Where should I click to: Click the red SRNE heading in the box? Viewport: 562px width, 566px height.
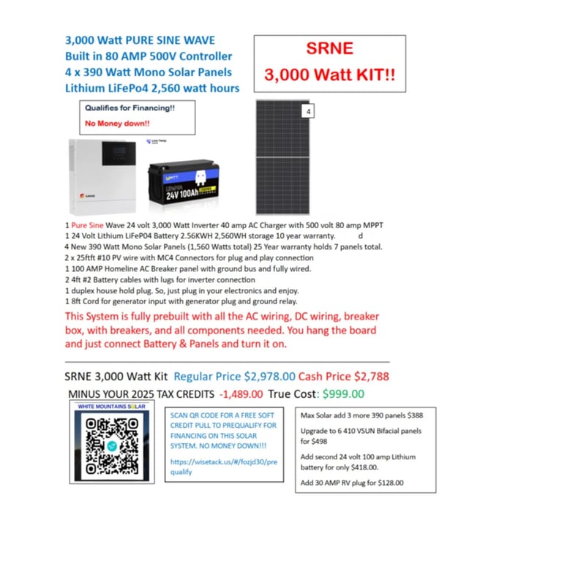coord(329,50)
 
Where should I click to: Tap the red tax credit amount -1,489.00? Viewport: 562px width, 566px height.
coord(241,393)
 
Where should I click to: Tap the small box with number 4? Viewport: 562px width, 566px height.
coord(309,110)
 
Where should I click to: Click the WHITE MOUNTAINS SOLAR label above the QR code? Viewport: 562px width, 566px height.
coord(111,407)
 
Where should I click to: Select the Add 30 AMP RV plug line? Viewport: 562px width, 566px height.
coord(352,483)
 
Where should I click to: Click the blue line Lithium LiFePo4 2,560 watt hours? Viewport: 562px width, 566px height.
coord(152,88)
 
